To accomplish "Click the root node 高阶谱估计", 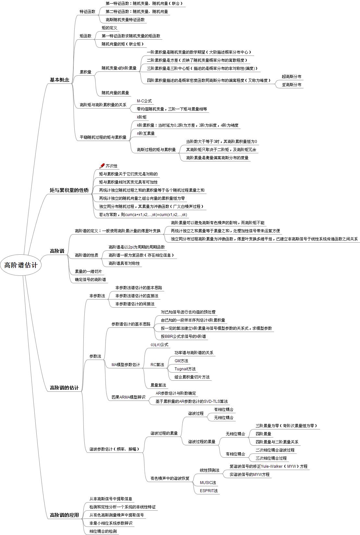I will pos(21,265).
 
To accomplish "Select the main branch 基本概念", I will pos(59,80).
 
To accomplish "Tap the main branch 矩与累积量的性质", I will pos(69,190).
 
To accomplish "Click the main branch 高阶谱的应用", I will pos(64,515).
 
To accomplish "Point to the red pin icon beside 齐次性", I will pos(102,166).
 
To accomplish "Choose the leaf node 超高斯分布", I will pos(291,77).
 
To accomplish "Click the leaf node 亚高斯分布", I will pos(291,85).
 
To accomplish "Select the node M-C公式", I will pos(144,101).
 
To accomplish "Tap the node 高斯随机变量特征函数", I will pos(125,20).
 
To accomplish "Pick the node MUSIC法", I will pos(208,482).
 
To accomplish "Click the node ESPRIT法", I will pos(209,490).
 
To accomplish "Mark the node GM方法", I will pos(181,361).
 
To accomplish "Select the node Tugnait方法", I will pos(185,369).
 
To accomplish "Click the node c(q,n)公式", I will pos(159,344).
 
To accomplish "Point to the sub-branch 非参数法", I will pos(97,296).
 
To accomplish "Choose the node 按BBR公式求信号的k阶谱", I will pos(183,336).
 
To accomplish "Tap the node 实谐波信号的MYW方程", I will pos(249,474).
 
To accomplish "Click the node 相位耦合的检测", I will pos(103,531).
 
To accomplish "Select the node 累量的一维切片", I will pos(88,271).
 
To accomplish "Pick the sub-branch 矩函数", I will pos(85,36).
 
